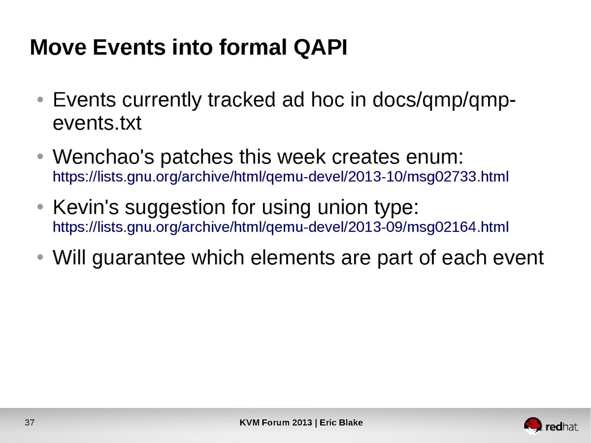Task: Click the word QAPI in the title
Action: [320, 48]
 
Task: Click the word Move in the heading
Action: [58, 47]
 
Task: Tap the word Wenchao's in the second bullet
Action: [102, 157]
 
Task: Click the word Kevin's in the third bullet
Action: [86, 207]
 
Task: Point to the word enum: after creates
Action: [434, 157]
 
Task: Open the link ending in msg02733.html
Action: [281, 177]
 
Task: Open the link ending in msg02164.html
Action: [281, 227]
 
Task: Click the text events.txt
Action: [97, 124]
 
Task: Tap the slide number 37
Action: [30, 422]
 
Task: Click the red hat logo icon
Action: [532, 425]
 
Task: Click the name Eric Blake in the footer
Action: [341, 422]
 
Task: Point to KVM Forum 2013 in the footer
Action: [276, 422]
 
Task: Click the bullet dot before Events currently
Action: [40, 100]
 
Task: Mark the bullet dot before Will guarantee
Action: [40, 257]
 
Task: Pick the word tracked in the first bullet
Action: [242, 99]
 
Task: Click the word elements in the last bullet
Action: [293, 257]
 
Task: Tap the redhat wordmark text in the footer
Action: [562, 427]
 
